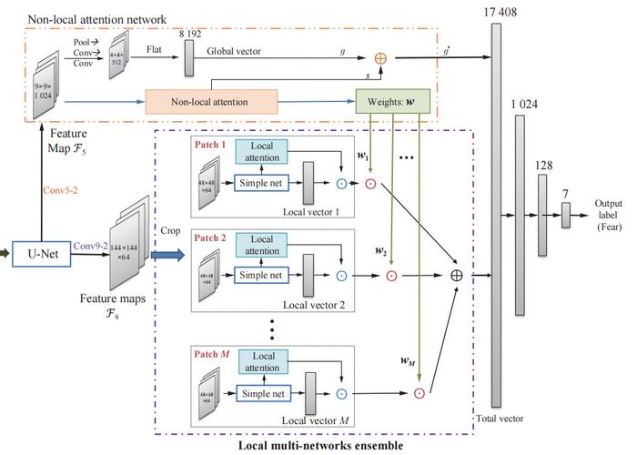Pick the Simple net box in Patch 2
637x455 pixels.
pyautogui.click(x=261, y=275)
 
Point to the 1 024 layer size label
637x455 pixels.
pyautogui.click(x=525, y=105)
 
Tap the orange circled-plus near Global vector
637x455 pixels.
pyautogui.click(x=379, y=57)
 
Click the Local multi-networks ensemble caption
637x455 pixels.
pyautogui.click(x=321, y=446)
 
